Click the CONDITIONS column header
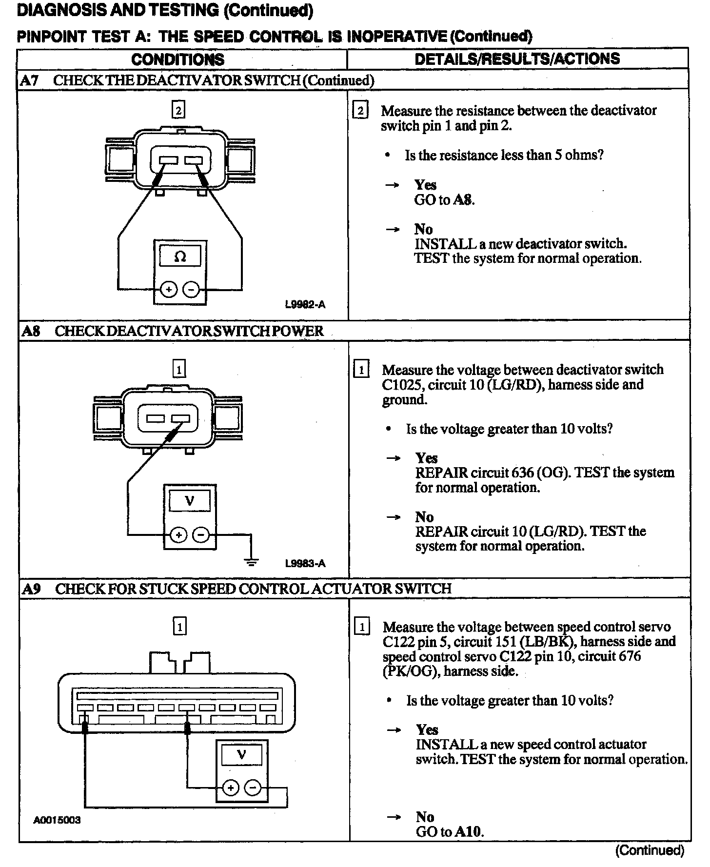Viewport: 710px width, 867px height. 177,59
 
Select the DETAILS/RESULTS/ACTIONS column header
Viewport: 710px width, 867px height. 517,59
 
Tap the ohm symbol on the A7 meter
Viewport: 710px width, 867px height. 180,256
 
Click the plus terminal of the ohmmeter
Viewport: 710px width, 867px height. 169,290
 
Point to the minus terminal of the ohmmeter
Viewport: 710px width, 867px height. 191,290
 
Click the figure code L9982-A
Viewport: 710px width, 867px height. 305,305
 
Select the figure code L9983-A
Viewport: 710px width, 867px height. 305,564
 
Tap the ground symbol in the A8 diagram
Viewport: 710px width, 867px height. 252,562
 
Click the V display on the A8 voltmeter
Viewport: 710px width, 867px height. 190,500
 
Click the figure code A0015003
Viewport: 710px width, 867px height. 57,820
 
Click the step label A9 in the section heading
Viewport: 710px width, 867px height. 31,589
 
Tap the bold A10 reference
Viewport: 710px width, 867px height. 468,831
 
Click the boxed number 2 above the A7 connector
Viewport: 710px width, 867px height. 178,111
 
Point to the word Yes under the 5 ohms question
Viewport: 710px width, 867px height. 425,185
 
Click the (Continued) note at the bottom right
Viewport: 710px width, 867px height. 650,850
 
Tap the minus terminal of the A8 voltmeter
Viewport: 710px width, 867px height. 200,535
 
